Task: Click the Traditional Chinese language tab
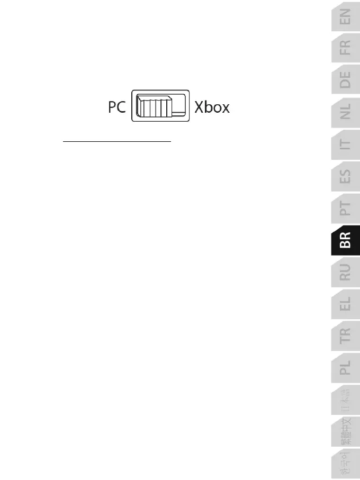click(x=345, y=432)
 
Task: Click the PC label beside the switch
click(x=116, y=107)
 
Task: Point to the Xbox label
click(x=212, y=107)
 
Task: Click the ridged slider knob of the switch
click(x=154, y=106)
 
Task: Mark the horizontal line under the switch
click(x=118, y=142)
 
